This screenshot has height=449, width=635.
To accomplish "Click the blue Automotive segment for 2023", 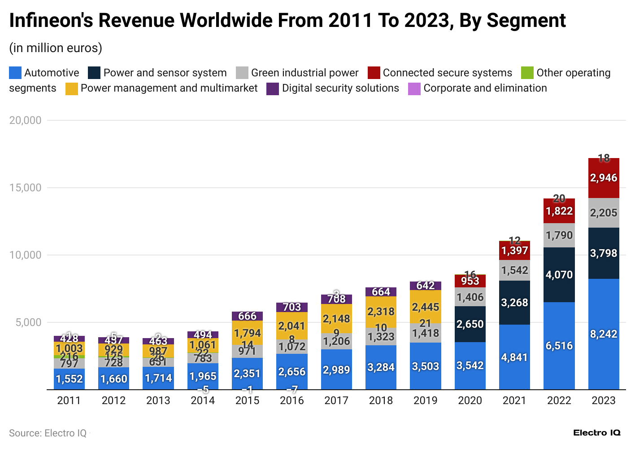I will [604, 334].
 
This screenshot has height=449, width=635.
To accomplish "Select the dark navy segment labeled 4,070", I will [559, 275].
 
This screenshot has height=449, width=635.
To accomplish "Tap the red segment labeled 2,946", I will [604, 178].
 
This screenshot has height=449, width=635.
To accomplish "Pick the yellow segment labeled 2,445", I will [425, 307].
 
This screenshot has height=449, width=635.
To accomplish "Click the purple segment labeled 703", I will [292, 307].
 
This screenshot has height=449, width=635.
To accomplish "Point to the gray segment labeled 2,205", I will [604, 213].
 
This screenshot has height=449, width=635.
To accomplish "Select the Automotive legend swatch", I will [15, 73].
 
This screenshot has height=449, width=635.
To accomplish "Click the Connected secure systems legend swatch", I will [374, 73].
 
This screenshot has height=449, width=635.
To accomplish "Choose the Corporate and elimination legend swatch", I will [414, 88].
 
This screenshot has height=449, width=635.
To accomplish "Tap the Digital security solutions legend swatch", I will [273, 88].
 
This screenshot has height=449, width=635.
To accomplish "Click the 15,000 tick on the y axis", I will [26, 188].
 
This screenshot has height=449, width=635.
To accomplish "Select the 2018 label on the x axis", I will [381, 401].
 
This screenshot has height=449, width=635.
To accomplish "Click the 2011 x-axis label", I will [69, 401].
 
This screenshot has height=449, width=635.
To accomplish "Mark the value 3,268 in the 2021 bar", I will [514, 303].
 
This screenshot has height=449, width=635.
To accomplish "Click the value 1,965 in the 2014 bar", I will [203, 376].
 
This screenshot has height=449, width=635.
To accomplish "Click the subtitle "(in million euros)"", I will [56, 48].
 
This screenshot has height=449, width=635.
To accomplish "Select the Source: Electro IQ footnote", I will [48, 433].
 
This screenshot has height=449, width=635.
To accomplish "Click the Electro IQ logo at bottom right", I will [596, 433].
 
